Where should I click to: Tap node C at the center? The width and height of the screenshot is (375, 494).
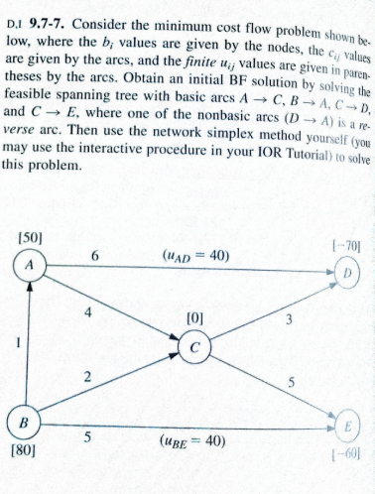[x=197, y=345]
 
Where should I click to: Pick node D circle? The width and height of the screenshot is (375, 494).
[x=347, y=271]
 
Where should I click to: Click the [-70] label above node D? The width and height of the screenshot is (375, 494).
[x=342, y=242]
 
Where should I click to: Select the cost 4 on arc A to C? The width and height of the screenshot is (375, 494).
[x=89, y=310]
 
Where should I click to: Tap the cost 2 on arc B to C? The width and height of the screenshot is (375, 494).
[x=88, y=376]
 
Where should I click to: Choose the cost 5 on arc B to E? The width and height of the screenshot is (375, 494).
[x=90, y=433]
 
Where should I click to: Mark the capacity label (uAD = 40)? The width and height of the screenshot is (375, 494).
[x=194, y=255]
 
